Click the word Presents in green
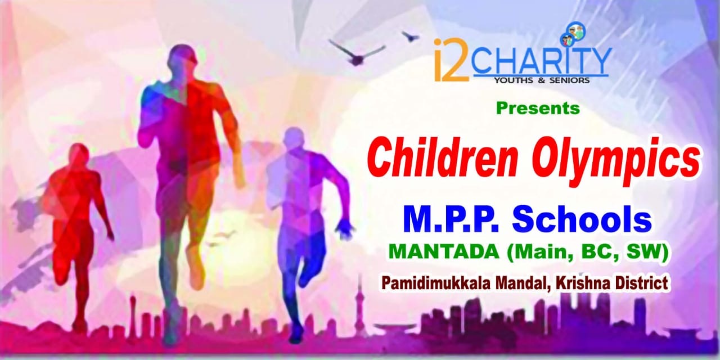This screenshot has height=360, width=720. click(538, 109)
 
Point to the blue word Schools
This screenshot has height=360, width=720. click(582, 220)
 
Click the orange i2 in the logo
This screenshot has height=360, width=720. click(451, 60)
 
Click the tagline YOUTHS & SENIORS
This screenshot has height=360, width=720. click(542, 80)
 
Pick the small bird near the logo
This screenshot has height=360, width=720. click(410, 35)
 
